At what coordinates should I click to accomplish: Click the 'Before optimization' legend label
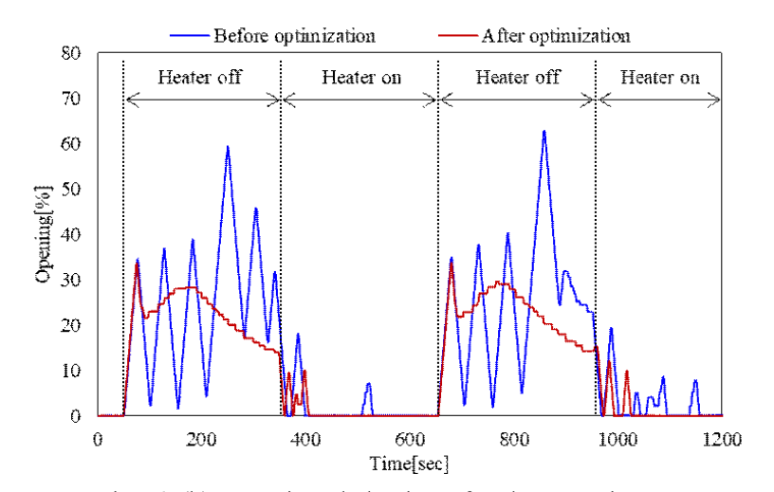(x=295, y=36)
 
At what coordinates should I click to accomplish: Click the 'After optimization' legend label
(x=556, y=36)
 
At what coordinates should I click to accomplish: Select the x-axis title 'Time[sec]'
(x=409, y=464)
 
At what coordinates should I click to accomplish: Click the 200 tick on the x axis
(x=201, y=439)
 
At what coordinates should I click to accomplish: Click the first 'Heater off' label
(x=201, y=77)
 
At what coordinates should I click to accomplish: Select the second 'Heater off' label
(x=517, y=77)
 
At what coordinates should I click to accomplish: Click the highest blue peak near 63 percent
(x=544, y=131)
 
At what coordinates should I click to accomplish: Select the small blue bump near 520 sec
(x=368, y=384)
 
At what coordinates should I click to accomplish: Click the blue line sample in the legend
(x=189, y=36)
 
